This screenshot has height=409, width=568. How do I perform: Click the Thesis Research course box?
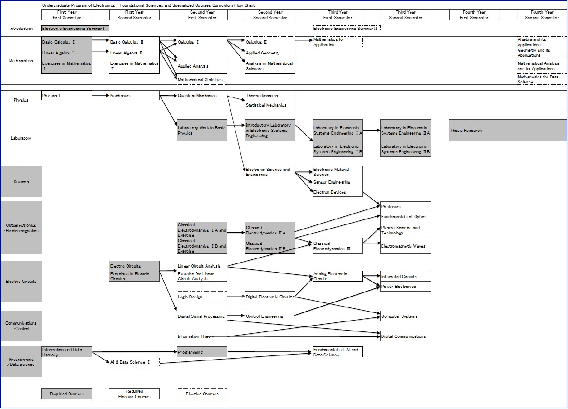pyautogui.click(x=507, y=130)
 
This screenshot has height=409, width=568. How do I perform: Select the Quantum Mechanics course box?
pyautogui.click(x=202, y=96)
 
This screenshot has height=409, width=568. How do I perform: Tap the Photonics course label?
pyautogui.click(x=405, y=207)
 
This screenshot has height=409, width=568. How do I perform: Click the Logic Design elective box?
pyautogui.click(x=202, y=297)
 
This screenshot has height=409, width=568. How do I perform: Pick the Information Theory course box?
pyautogui.click(x=202, y=336)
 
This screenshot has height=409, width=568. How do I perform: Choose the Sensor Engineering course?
pyautogui.click(x=338, y=182)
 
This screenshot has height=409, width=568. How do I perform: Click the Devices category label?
pyautogui.click(x=21, y=182)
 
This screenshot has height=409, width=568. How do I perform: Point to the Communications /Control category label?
pyautogui.click(x=21, y=326)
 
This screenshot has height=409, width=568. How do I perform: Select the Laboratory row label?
pyautogui.click(x=21, y=138)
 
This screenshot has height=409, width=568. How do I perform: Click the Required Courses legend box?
pyautogui.click(x=66, y=394)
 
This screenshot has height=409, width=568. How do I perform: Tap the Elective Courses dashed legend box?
pyautogui.click(x=202, y=394)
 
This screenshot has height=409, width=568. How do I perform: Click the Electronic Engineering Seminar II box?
pyautogui.click(x=346, y=29)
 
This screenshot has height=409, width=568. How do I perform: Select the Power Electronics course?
pyautogui.click(x=405, y=287)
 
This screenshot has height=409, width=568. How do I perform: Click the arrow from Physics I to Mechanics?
pyautogui.click(x=100, y=96)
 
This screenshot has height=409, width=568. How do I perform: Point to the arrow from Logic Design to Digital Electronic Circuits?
pyautogui.click(x=235, y=297)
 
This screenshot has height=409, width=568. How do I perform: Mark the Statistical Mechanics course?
pyautogui.click(x=269, y=105)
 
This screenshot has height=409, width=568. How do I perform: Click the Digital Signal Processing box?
pyautogui.click(x=202, y=316)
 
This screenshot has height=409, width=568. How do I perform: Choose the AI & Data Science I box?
pyautogui.click(x=134, y=362)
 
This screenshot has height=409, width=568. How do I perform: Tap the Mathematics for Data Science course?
pyautogui.click(x=541, y=79)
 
